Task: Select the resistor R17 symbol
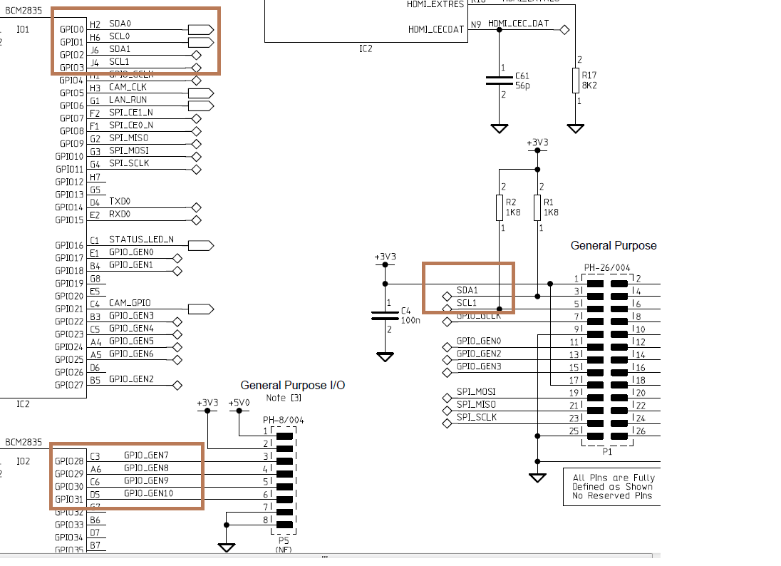575,81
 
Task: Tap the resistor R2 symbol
500,208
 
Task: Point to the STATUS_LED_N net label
141,240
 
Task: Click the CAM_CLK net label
128,87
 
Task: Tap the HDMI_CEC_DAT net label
519,24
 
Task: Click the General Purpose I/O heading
292,385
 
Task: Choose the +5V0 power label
239,403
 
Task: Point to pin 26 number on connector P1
640,431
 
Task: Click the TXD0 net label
120,202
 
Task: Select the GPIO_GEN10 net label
149,493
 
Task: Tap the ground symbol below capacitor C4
385,356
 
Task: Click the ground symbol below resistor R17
575,129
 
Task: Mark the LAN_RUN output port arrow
201,106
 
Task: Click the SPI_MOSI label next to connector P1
476,392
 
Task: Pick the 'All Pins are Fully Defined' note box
612,486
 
